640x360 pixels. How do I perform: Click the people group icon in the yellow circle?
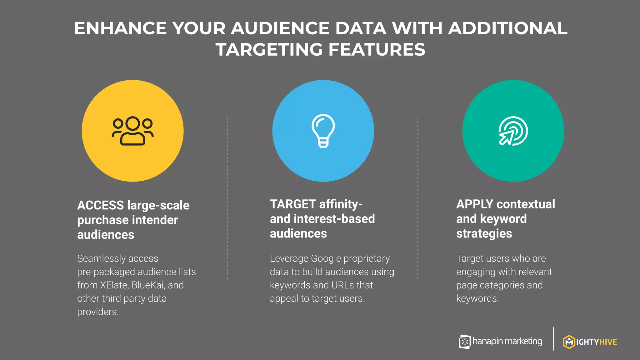tap(133, 131)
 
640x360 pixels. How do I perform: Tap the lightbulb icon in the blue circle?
tap(323, 131)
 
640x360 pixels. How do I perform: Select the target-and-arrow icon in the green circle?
tap(513, 131)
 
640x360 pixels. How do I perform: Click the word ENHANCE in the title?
tap(121, 28)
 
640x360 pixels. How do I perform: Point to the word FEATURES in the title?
tap(377, 50)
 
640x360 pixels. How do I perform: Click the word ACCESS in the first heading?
tap(101, 205)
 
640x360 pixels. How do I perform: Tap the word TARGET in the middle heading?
tap(293, 204)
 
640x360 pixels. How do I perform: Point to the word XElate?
tap(114, 285)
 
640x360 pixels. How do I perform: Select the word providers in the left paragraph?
tap(98, 312)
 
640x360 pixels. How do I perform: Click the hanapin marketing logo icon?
tap(465, 342)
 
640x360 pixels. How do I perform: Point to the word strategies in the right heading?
tap(484, 234)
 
